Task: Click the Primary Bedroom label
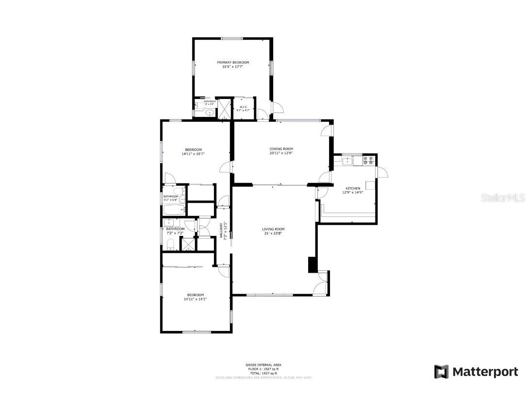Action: pos(233,63)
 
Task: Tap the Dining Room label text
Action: pos(281,149)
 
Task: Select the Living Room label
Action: pos(273,229)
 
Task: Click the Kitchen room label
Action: pos(353,188)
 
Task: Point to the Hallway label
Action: pos(220,230)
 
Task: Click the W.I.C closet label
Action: pos(242,107)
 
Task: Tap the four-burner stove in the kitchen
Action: pos(368,160)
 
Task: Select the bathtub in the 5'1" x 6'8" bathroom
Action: pos(174,210)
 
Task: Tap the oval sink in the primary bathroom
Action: pos(210,113)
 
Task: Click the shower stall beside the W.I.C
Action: pos(225,109)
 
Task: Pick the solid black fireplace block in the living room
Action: pos(312,264)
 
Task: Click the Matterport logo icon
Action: pos(441,372)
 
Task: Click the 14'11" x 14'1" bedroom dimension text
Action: pos(195,299)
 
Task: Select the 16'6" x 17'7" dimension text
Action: pos(232,66)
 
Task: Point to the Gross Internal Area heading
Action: pos(263,365)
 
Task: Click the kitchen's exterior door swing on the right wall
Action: pos(382,172)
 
